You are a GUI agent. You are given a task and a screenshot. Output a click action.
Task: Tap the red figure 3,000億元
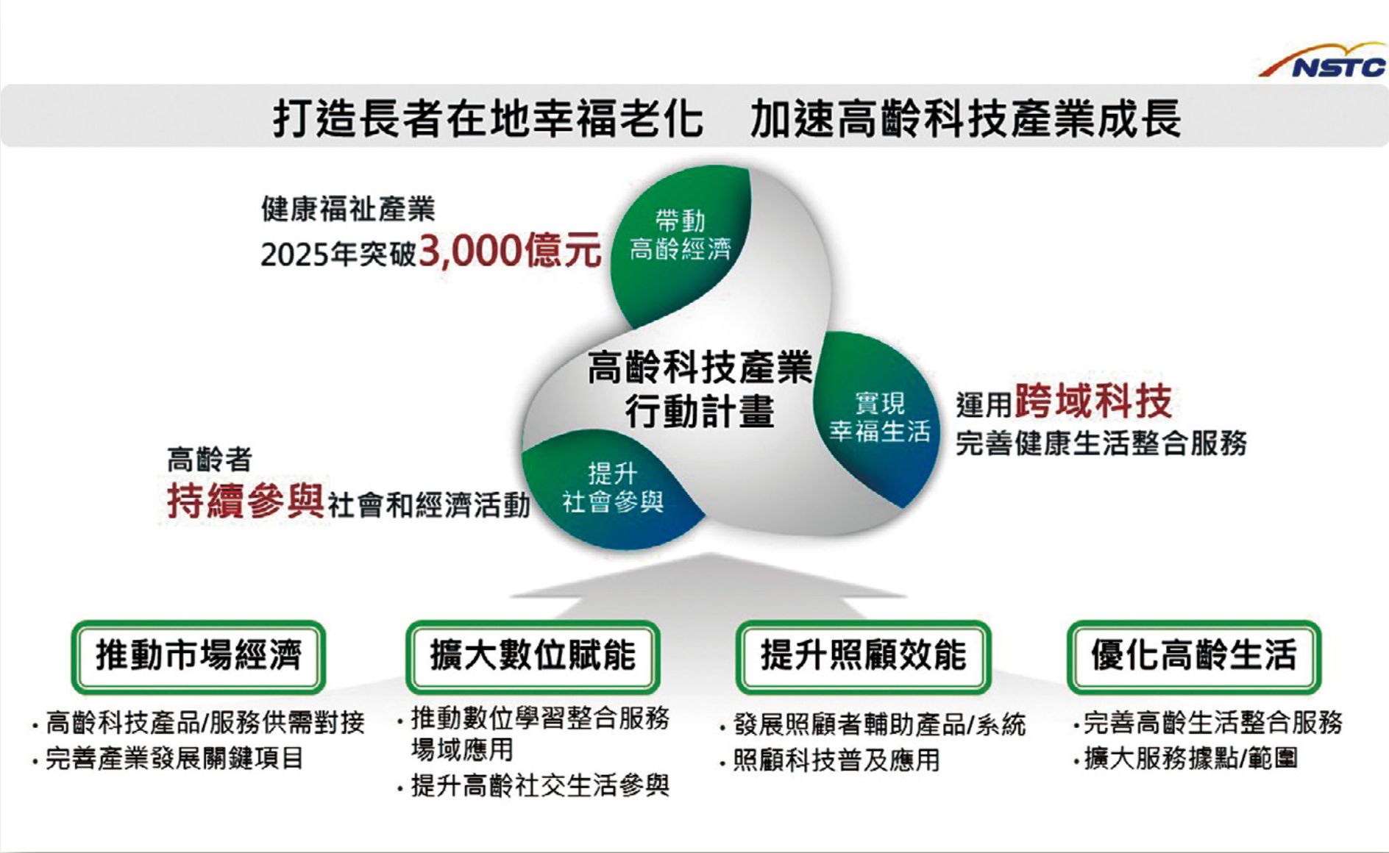point(510,251)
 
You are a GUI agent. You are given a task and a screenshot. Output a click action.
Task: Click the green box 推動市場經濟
point(199,657)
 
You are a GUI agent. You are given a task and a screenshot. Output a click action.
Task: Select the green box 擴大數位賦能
point(533,657)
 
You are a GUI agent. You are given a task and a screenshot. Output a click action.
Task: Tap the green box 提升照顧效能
point(863,657)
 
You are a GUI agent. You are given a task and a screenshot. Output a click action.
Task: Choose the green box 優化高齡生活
point(1193,657)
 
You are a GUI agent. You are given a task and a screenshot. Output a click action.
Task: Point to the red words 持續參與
point(245,502)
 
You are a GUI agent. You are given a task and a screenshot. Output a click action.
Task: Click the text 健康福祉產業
point(348,209)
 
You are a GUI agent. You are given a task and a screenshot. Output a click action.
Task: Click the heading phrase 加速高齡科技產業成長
point(965,118)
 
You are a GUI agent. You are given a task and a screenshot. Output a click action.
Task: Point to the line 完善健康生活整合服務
point(1101,443)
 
